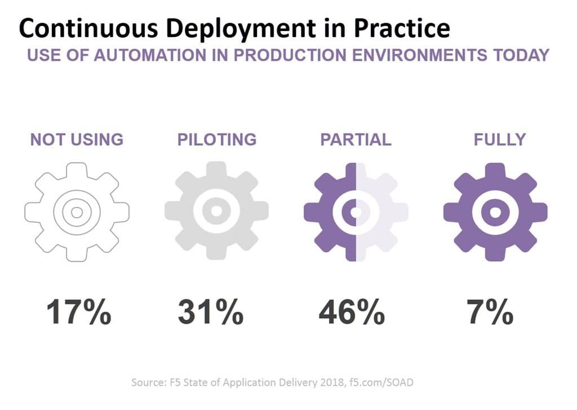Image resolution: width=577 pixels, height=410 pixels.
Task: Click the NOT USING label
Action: pyautogui.click(x=77, y=139)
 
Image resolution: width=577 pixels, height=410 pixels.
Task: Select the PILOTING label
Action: pyautogui.click(x=217, y=139)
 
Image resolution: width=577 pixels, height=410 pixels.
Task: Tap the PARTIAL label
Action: pyautogui.click(x=356, y=139)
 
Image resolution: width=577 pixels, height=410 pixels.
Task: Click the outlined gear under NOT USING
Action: pyautogui.click(x=77, y=212)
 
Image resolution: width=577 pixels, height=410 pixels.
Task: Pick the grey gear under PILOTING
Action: pyautogui.click(x=216, y=211)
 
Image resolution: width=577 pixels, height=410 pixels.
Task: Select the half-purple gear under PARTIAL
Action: pyautogui.click(x=356, y=212)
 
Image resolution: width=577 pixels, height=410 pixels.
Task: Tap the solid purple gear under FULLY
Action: pyautogui.click(x=495, y=212)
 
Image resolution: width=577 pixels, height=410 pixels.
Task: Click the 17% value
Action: pyautogui.click(x=79, y=312)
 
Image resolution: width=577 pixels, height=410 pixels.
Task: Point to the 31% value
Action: pyautogui.click(x=211, y=312)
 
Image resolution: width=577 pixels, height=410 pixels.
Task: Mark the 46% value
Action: pyautogui.click(x=352, y=312)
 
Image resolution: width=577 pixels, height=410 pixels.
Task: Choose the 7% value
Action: pyautogui.click(x=490, y=312)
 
